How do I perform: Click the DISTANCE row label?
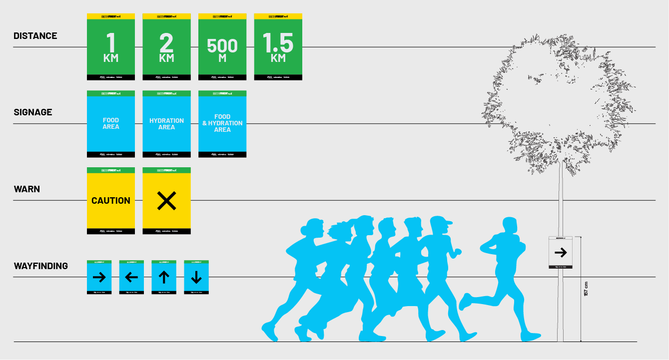(35, 36)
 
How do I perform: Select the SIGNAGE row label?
(33, 112)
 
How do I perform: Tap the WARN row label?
(27, 189)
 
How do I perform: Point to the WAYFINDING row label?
(41, 266)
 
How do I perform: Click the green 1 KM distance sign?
(111, 47)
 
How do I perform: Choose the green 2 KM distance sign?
(166, 47)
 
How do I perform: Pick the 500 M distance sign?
(222, 47)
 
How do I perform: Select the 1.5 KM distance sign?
(278, 47)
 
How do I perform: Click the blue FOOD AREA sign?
(111, 124)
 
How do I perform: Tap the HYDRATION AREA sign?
(166, 124)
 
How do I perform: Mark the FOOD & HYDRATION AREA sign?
(222, 124)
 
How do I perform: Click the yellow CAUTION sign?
(111, 201)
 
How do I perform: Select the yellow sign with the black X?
(166, 201)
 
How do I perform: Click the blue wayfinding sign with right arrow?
(99, 277)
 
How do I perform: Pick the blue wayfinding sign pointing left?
(131, 277)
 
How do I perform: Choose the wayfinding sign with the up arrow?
(164, 277)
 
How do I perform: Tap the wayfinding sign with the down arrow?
(196, 277)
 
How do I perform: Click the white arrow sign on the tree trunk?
(560, 252)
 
